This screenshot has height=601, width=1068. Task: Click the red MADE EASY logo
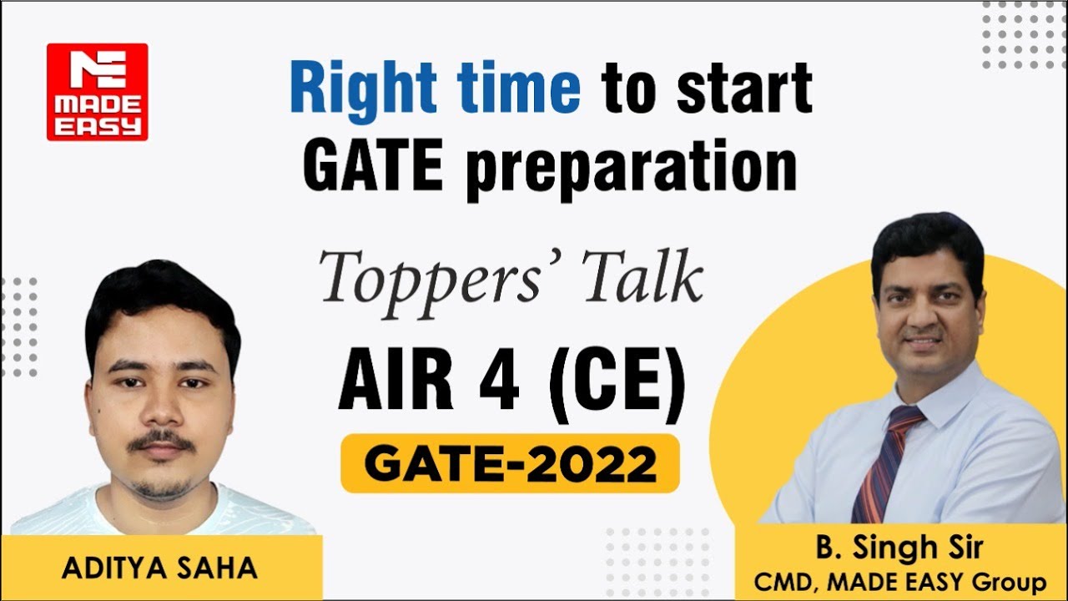(97, 92)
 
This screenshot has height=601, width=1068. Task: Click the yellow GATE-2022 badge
(510, 463)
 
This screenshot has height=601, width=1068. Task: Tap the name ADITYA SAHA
(159, 568)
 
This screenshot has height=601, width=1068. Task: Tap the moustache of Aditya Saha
(161, 441)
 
